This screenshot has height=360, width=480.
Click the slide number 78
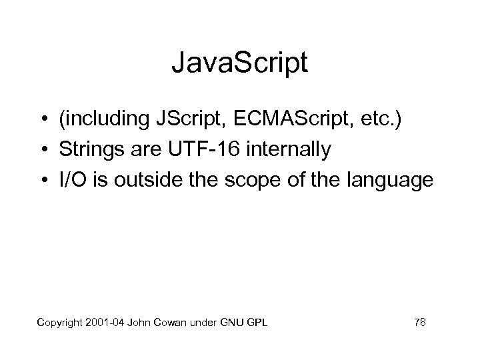420,323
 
